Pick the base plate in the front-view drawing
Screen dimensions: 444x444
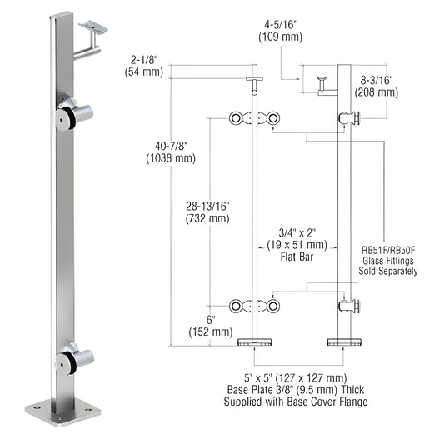255,342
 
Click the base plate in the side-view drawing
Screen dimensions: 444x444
343,342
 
